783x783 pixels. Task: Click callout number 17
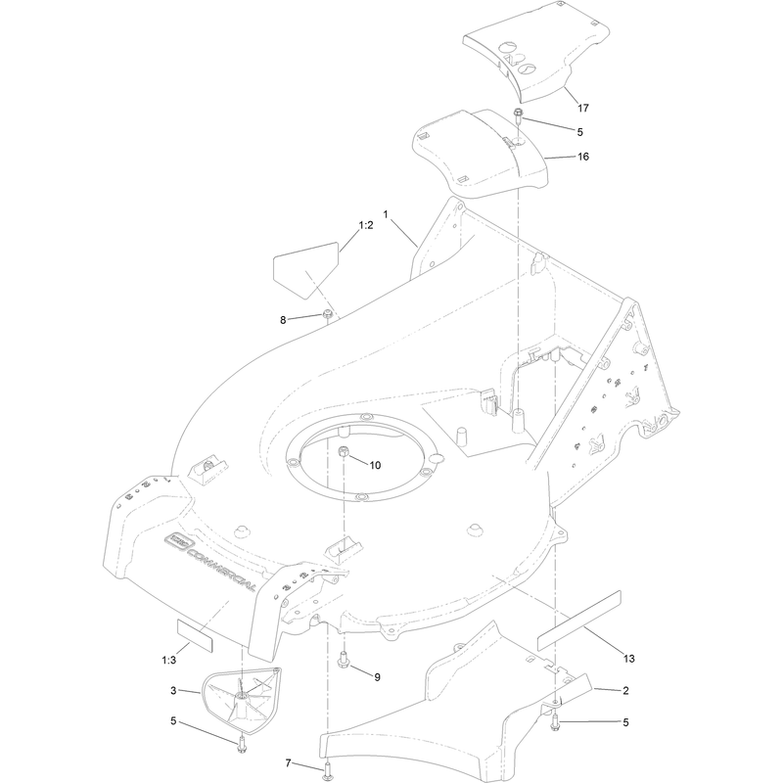[582, 108]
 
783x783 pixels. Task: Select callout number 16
[582, 157]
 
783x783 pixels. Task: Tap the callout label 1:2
[365, 225]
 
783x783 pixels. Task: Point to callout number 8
[283, 320]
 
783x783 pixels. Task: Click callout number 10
[375, 466]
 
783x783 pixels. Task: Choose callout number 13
[628, 659]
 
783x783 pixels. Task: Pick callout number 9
[377, 677]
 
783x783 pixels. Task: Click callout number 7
[288, 763]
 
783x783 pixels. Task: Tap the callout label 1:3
[168, 660]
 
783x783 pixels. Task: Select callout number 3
[173, 691]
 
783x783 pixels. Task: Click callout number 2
[625, 691]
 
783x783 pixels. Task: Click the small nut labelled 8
[328, 314]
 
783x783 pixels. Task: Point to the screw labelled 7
[327, 772]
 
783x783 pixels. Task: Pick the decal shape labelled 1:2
[305, 270]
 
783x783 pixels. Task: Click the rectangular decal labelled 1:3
[195, 636]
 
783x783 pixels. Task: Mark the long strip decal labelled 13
[578, 621]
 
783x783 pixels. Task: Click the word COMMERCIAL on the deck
[222, 570]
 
